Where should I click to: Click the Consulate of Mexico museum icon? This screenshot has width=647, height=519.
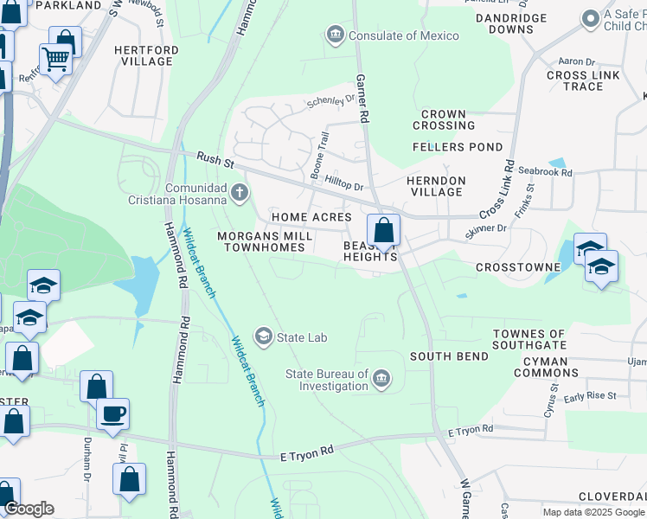coord(335,35)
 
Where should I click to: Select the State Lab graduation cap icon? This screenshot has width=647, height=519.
coord(264,336)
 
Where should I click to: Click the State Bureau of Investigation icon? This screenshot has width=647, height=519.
coord(381,379)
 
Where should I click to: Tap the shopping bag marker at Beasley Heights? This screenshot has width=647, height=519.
coord(383,231)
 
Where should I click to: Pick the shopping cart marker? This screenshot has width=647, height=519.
coord(55,60)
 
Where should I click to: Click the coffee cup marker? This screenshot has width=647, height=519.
coord(112,414)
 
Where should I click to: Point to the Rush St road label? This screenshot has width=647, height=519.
coord(215,159)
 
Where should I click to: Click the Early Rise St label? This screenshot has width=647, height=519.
coord(590,396)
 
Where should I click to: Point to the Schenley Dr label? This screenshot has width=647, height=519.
coord(331,102)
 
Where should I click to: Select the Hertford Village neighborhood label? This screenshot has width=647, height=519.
coord(147,56)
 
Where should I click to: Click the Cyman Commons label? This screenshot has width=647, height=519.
coord(546,367)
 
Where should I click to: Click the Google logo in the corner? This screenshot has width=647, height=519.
coord(28,509)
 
